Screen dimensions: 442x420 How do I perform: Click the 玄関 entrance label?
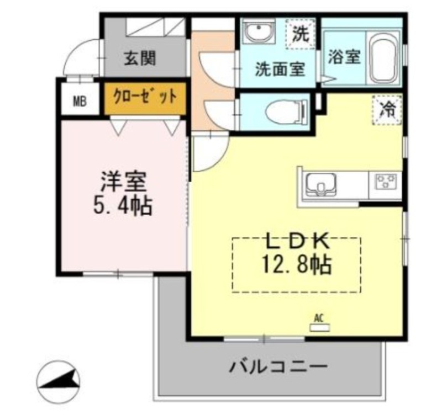tap(140, 59)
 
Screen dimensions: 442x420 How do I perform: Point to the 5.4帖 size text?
tap(123, 206)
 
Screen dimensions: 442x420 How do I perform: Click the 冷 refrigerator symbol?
tap(387, 110)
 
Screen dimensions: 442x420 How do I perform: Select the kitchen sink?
tap(322, 184)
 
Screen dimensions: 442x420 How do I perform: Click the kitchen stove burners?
tap(386, 182)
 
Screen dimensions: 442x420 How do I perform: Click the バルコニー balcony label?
tap(278, 367)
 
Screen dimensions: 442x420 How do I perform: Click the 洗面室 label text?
tap(280, 70)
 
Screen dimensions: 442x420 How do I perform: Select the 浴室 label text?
tap(344, 57)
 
